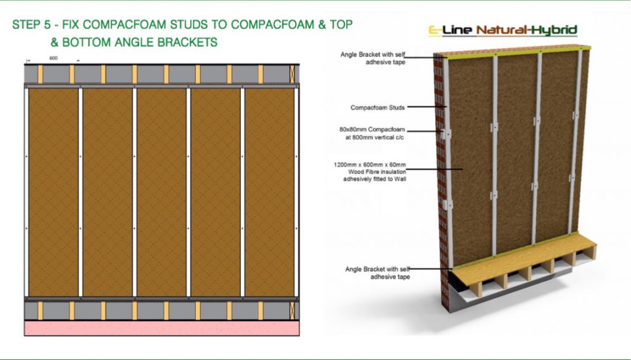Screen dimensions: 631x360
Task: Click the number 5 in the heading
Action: tap(47, 25)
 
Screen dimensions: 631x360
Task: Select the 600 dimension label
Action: tap(54, 58)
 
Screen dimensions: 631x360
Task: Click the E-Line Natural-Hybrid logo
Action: tap(503, 30)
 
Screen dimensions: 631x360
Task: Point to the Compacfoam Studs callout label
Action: tap(378, 107)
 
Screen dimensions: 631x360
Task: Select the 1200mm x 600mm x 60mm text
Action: tap(370, 165)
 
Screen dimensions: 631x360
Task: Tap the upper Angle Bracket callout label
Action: tap(373, 59)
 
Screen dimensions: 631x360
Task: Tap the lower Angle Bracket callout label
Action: tap(378, 273)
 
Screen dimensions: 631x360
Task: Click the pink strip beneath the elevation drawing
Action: tap(162, 328)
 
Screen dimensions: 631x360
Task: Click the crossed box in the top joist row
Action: tap(292, 74)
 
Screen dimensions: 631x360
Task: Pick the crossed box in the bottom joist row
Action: tap(292, 311)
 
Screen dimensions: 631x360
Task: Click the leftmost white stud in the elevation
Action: tap(26, 192)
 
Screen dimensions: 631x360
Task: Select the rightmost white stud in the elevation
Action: tap(296, 192)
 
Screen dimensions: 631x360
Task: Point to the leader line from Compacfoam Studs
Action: tap(427, 107)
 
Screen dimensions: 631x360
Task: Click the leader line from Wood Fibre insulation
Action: tap(434, 169)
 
